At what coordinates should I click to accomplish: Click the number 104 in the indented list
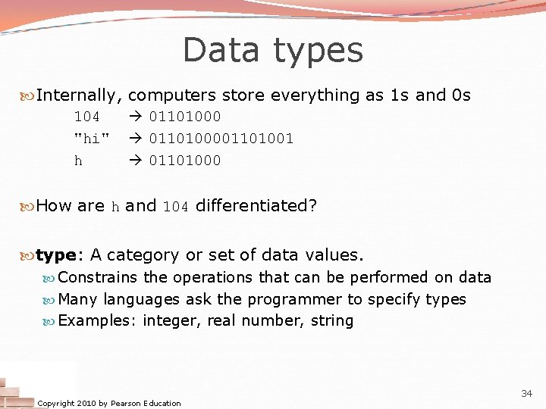(86, 117)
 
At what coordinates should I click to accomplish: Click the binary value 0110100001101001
(221, 139)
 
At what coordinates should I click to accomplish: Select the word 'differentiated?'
(256, 205)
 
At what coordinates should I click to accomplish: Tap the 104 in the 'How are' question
(175, 206)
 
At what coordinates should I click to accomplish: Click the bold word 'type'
(56, 255)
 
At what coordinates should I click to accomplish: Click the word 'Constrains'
(98, 277)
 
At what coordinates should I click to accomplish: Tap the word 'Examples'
(95, 321)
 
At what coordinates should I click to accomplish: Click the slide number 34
(526, 393)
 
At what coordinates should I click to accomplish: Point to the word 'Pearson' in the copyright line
(126, 403)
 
